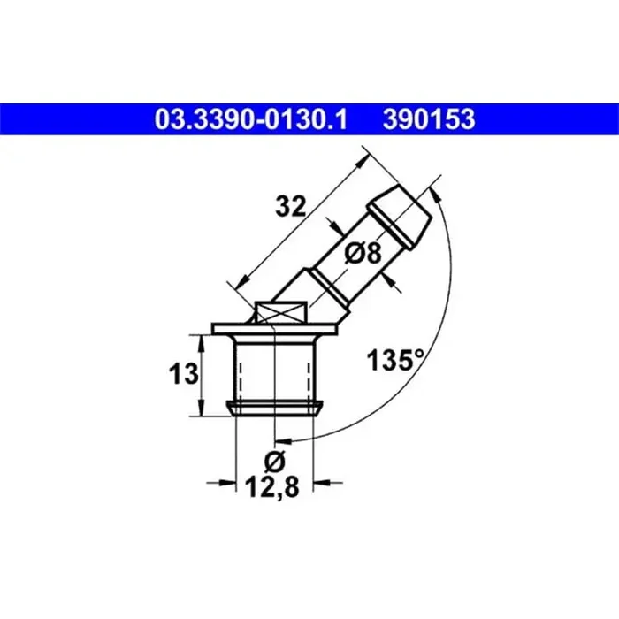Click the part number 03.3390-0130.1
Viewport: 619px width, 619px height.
(x=250, y=119)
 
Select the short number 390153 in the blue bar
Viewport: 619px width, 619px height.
(x=429, y=119)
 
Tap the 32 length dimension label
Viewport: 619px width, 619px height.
(x=291, y=206)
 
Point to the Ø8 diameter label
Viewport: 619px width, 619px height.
(x=363, y=253)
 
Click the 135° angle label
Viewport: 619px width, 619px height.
(x=395, y=360)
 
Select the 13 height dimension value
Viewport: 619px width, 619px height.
(x=184, y=374)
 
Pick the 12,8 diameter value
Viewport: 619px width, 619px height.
(x=272, y=486)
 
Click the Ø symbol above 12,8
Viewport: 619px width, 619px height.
(x=274, y=461)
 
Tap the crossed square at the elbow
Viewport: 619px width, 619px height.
(x=280, y=312)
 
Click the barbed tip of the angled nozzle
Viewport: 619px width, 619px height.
(x=399, y=217)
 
